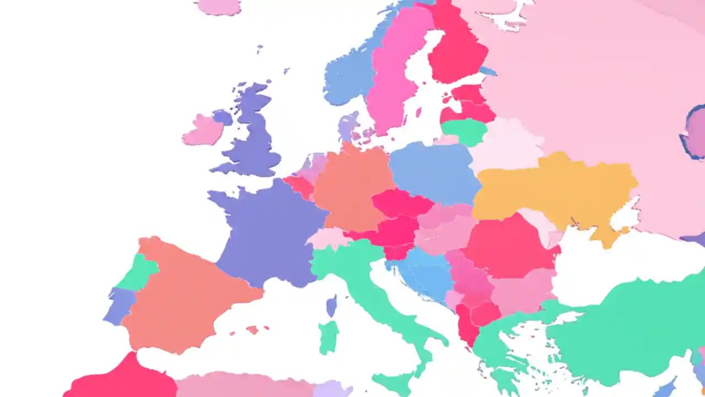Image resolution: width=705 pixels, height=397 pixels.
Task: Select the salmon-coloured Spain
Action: tap(187, 292)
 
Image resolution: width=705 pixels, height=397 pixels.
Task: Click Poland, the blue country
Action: tap(435, 171)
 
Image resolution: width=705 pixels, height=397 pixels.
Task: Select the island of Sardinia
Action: tap(329, 336)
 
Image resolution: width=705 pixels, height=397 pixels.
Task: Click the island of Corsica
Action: tap(332, 305)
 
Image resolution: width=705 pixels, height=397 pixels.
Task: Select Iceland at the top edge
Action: tap(219, 6)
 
